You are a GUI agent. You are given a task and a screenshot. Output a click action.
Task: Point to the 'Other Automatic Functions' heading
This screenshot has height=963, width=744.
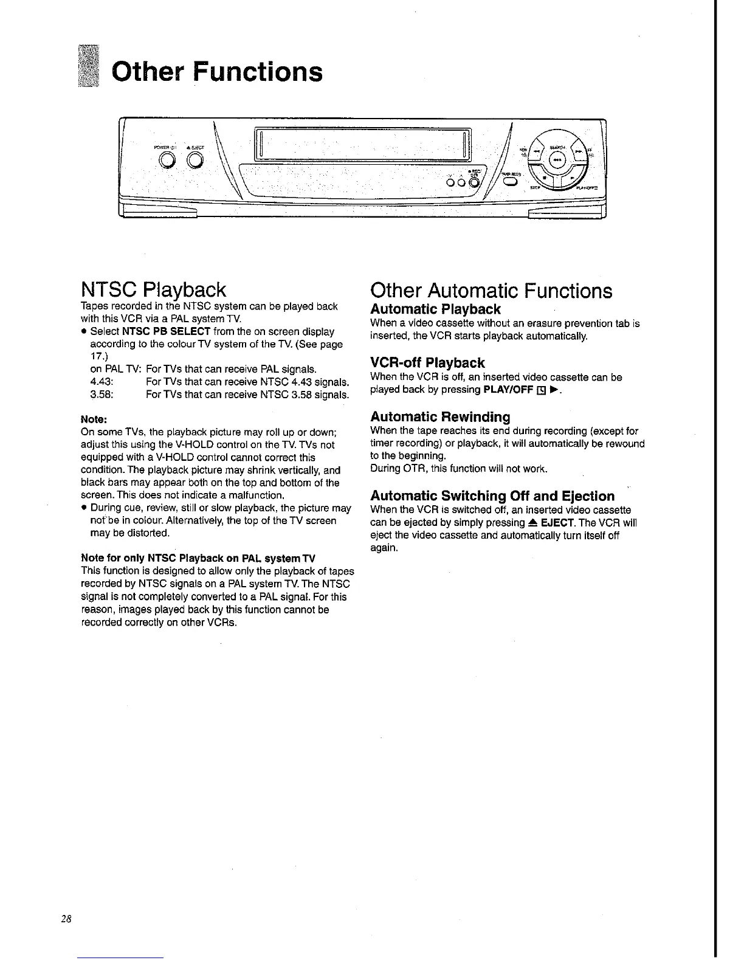coord(491,291)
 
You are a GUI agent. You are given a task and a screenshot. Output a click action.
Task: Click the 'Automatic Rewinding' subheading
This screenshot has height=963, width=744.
coord(440,417)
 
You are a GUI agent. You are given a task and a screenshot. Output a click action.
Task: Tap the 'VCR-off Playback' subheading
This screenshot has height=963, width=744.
coord(427,363)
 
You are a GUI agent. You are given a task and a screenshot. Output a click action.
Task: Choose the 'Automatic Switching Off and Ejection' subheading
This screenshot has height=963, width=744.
coord(492,495)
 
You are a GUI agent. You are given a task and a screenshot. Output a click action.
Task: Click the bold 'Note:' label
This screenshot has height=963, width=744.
coord(94,419)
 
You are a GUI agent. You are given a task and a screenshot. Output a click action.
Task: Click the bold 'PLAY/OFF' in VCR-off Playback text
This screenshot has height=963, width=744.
coord(508,390)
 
